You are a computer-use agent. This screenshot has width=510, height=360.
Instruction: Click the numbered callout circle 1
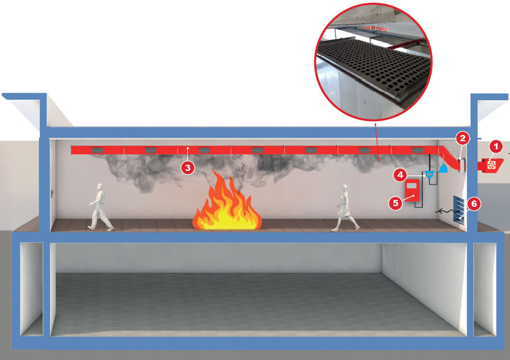(x=496, y=146)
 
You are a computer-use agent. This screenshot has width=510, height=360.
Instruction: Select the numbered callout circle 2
(x=463, y=137)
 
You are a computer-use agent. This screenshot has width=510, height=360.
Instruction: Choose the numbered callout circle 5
(x=395, y=202)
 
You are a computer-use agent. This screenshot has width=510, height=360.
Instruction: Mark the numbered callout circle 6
(x=474, y=203)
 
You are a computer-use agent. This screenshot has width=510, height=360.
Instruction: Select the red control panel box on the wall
(x=411, y=191)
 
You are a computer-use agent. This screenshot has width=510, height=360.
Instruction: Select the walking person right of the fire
(x=345, y=208)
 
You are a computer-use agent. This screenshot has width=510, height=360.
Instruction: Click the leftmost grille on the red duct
(x=97, y=150)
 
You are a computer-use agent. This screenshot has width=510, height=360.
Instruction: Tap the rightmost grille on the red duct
(x=418, y=150)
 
